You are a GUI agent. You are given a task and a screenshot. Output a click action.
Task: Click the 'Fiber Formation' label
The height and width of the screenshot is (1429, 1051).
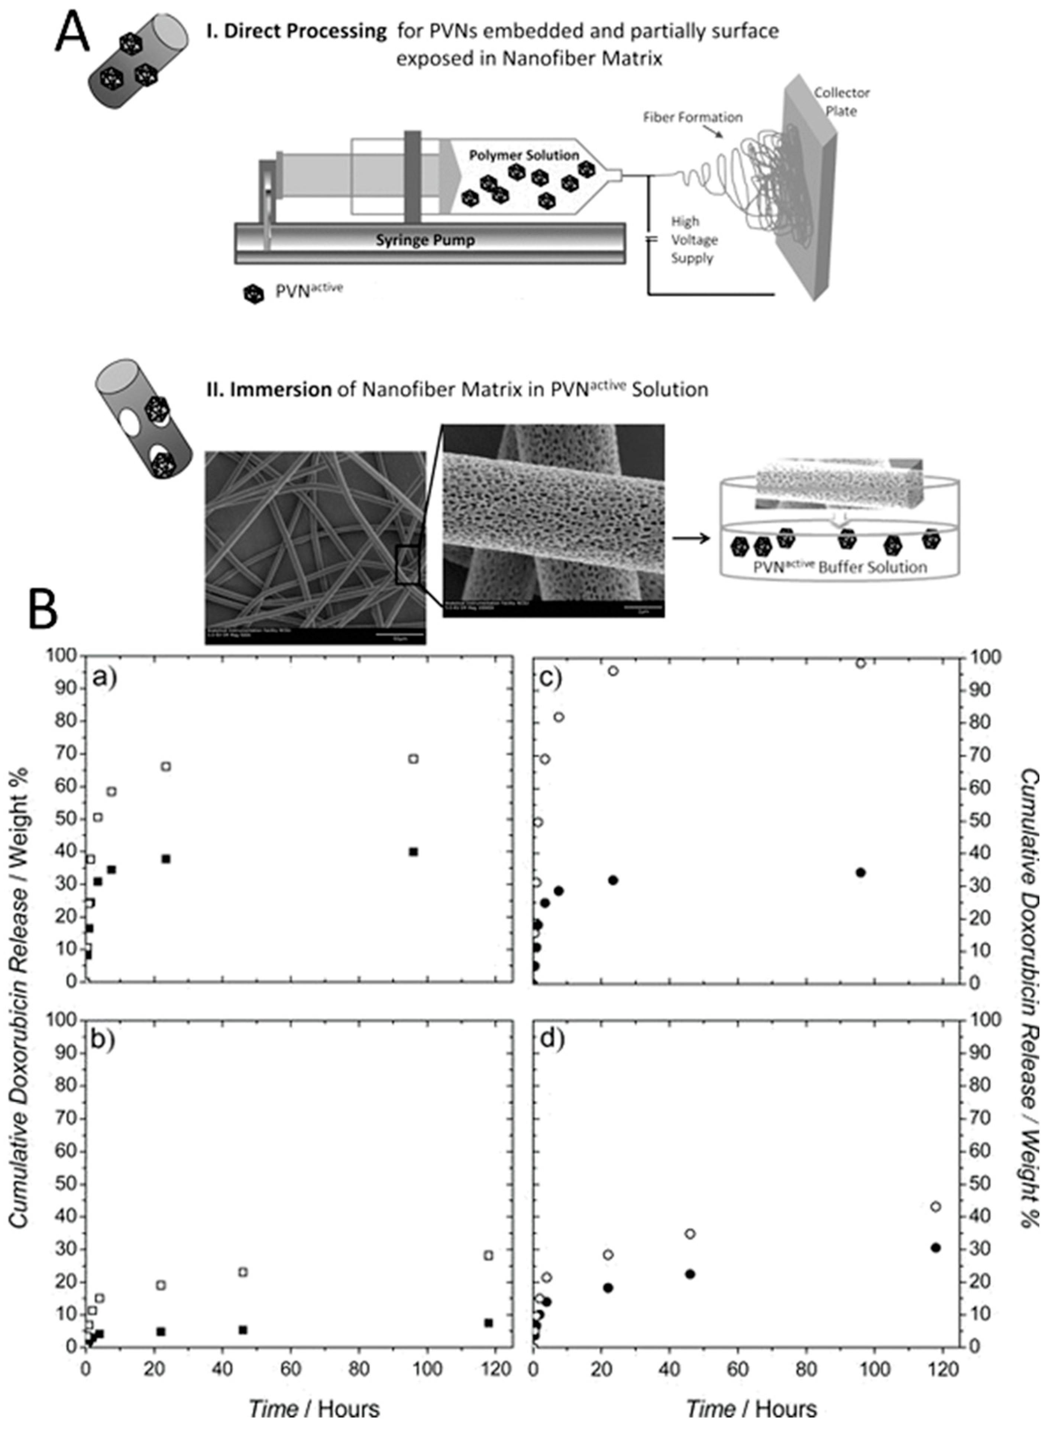(x=692, y=117)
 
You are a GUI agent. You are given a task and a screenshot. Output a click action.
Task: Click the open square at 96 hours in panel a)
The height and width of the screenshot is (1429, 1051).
(x=414, y=758)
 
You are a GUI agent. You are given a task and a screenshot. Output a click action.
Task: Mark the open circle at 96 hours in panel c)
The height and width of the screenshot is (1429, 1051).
(x=861, y=663)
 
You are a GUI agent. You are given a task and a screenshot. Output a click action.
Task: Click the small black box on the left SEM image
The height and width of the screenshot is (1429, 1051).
(x=408, y=564)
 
